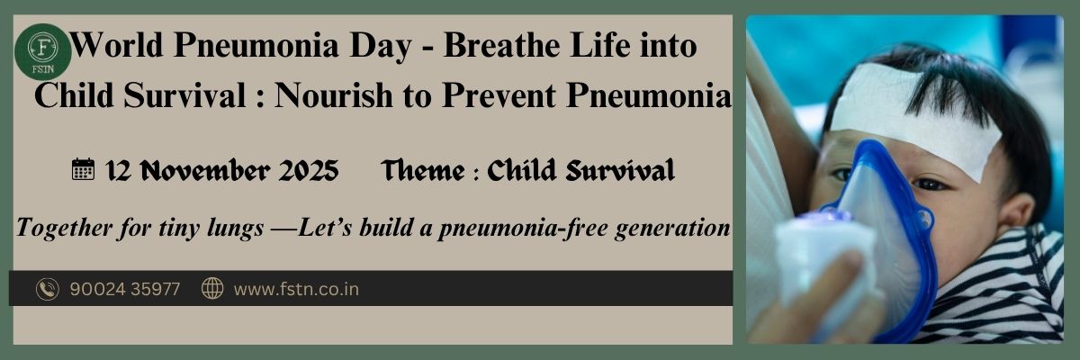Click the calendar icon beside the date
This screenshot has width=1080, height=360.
point(83,169)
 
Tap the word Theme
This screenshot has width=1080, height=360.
point(419,169)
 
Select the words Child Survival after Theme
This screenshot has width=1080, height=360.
point(580,169)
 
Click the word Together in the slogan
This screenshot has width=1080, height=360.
point(58,229)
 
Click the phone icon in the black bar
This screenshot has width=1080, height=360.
point(47,289)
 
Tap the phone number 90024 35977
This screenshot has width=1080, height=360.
point(124,289)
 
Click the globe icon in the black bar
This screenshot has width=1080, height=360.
point(212,289)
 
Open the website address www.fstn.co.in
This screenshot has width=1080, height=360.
point(296,289)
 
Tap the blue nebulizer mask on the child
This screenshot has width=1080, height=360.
point(882,216)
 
